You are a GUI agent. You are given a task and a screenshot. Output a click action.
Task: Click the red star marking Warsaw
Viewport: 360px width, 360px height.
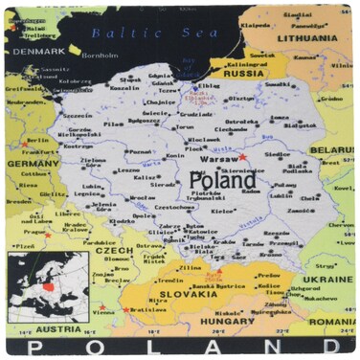point(243,156)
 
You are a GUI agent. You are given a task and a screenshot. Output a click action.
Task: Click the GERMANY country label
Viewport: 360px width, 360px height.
point(34,163)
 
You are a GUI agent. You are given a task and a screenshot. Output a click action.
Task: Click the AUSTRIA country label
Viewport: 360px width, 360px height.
point(37,326)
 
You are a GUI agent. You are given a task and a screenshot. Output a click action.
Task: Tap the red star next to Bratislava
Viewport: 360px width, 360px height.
point(126,308)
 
